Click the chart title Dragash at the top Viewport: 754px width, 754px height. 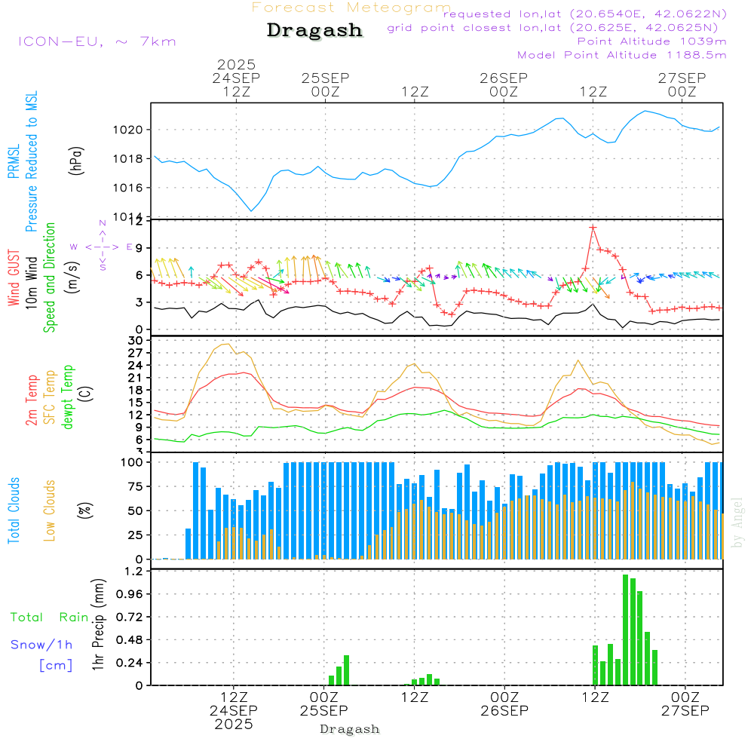(314, 31)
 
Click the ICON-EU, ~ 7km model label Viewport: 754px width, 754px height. (97, 41)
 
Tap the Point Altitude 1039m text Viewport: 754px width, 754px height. (651, 41)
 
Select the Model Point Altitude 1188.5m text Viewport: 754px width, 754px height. (622, 55)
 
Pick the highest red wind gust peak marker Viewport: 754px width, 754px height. (593, 227)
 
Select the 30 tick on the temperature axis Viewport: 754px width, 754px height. (136, 341)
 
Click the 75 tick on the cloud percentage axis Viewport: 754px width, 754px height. (133, 486)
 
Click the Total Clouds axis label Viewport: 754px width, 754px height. (14, 510)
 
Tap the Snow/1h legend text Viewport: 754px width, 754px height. (41, 645)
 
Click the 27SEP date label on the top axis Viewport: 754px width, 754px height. (682, 78)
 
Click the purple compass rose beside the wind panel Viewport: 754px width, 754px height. (103, 247)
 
